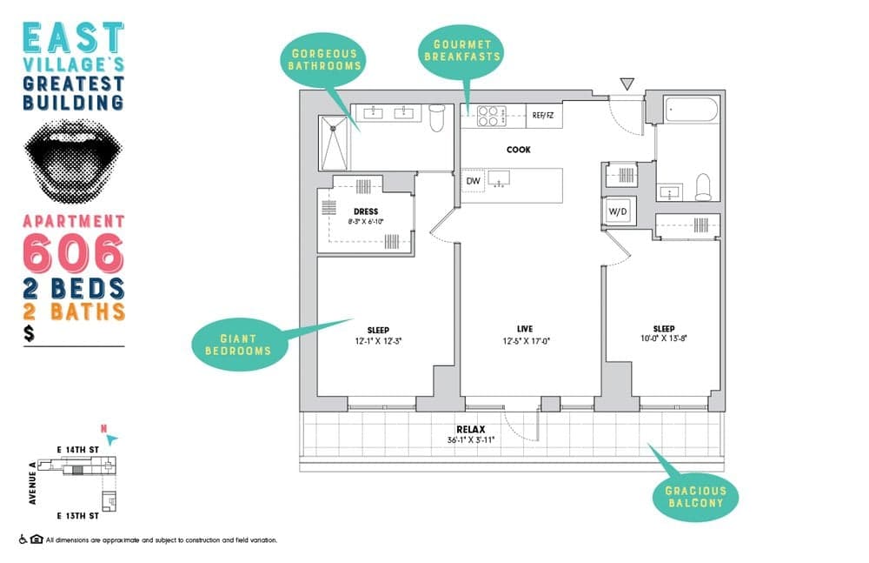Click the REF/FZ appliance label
[543, 114]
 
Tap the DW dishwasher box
[473, 180]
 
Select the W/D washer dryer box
[618, 210]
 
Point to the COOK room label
[519, 150]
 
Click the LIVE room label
[524, 328]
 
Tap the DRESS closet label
[365, 211]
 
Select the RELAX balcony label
[470, 429]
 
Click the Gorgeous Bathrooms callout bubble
[324, 59]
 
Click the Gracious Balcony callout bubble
[695, 498]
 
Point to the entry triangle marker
[626, 84]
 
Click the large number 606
[73, 252]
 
